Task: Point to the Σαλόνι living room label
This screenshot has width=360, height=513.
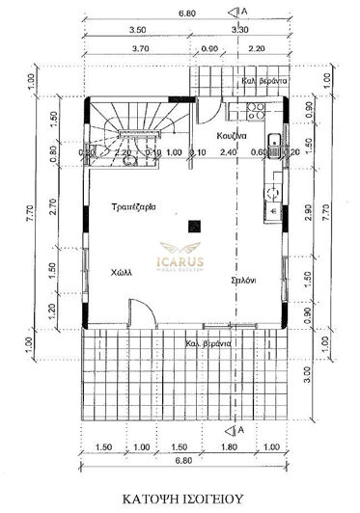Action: (x=243, y=280)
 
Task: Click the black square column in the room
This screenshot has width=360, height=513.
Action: (x=195, y=226)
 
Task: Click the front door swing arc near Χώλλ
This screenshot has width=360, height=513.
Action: (x=138, y=312)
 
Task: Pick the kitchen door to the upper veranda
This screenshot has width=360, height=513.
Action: (x=211, y=106)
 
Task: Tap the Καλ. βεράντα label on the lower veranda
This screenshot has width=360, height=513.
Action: (x=208, y=344)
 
